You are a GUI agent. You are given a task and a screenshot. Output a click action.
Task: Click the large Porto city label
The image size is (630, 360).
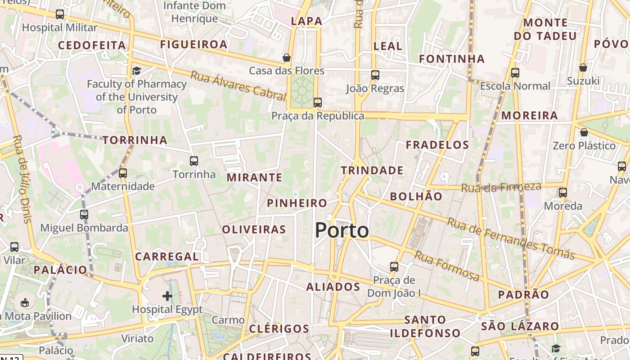[342, 230]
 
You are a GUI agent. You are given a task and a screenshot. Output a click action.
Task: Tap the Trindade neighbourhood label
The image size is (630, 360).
[372, 170]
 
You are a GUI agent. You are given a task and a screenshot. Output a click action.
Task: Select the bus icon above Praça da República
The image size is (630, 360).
[318, 103]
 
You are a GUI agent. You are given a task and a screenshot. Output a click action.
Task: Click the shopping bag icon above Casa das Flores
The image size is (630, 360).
[286, 58]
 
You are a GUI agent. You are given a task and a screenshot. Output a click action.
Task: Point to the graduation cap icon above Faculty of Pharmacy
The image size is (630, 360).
[136, 71]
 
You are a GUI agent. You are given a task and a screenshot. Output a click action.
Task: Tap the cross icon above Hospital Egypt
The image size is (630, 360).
[167, 296]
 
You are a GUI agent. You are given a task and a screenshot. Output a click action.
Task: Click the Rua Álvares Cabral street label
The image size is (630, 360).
[238, 85]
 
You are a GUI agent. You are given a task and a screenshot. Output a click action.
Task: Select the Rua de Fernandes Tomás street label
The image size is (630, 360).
[511, 238]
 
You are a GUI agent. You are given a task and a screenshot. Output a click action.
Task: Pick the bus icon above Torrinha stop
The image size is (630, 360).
[194, 161]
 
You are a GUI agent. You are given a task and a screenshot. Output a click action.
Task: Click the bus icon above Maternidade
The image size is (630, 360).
[122, 173]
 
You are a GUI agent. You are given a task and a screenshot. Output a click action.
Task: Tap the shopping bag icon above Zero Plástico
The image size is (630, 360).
[584, 132]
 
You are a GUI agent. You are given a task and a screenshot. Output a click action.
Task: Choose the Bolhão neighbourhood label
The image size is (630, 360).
[416, 196]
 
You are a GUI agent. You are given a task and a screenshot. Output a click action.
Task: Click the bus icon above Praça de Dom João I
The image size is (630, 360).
[394, 266]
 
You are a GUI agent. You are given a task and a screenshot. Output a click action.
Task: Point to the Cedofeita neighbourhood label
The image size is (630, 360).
[92, 45]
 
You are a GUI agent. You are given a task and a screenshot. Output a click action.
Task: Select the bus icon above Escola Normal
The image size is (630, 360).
[515, 72]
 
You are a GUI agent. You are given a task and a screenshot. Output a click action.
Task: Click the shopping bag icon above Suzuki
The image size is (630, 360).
[583, 67]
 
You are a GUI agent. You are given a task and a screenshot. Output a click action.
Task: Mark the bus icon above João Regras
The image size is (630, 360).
[375, 75]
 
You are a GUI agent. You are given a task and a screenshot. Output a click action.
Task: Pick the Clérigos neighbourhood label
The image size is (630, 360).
[279, 328]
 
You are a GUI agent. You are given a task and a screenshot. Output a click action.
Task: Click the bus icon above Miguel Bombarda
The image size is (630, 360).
[84, 215]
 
